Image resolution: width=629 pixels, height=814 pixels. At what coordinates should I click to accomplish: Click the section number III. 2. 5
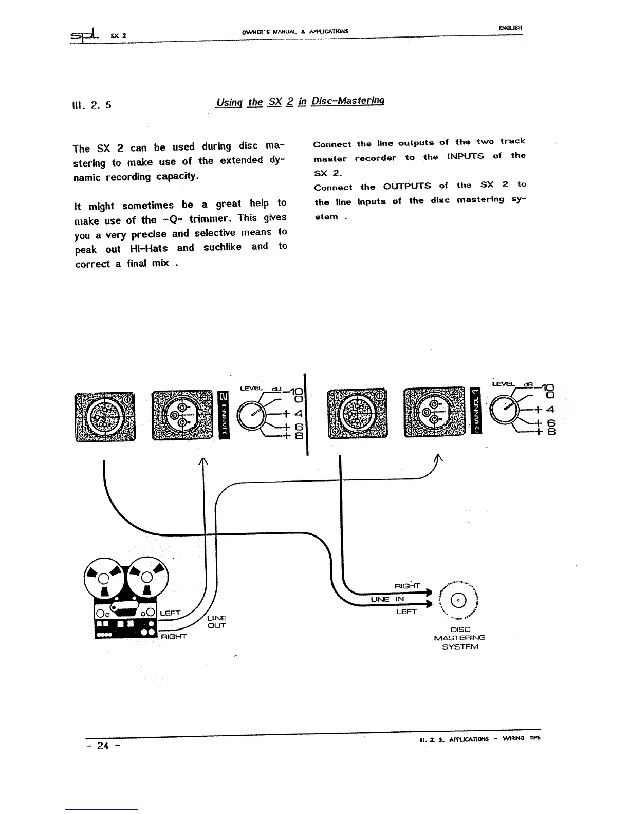point(93,105)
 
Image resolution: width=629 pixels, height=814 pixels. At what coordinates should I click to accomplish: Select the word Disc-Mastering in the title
point(348,101)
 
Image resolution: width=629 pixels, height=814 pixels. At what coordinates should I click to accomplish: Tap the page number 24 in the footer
point(103,745)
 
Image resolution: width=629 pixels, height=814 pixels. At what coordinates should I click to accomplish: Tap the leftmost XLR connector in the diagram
point(105,416)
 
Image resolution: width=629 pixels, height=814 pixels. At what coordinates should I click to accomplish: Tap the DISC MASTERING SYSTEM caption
point(460,638)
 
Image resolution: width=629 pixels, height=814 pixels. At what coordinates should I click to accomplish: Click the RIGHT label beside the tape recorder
point(173,637)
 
